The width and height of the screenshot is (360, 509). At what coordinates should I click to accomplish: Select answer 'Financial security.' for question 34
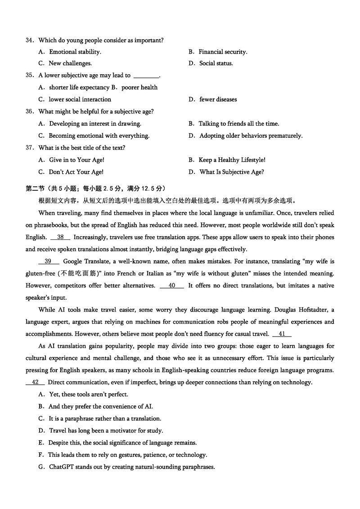pyautogui.click(x=223, y=52)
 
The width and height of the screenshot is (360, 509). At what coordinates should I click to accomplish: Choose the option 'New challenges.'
pyautogui.click(x=70, y=63)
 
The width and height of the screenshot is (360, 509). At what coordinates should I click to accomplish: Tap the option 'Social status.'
pyautogui.click(x=216, y=63)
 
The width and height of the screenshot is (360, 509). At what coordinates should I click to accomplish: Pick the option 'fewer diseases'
pyautogui.click(x=218, y=99)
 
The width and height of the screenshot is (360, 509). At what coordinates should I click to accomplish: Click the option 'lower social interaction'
pyautogui.click(x=80, y=99)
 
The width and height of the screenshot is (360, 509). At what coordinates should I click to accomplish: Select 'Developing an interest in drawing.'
pyautogui.click(x=95, y=124)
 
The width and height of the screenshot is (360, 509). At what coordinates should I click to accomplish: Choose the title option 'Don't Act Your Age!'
pyautogui.click(x=76, y=172)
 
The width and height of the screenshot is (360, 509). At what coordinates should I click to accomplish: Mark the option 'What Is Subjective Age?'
pyautogui.click(x=232, y=172)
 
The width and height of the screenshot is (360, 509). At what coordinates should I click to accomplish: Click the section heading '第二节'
pyautogui.click(x=35, y=189)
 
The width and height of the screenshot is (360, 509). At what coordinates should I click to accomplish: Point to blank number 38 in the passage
pyautogui.click(x=60, y=237)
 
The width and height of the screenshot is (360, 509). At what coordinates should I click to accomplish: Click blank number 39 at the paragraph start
pyautogui.click(x=49, y=261)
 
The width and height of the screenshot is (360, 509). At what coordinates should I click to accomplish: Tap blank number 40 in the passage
pyautogui.click(x=172, y=285)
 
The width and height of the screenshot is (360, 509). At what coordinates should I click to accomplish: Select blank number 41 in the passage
pyautogui.click(x=282, y=334)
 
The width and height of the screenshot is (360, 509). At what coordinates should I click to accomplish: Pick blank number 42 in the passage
pyautogui.click(x=36, y=383)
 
